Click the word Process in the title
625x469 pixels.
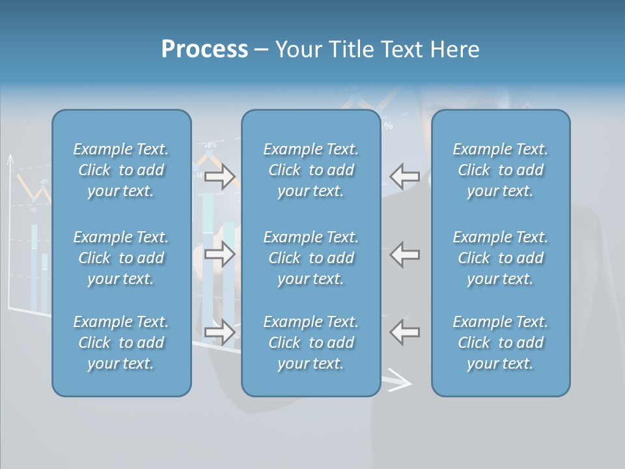click(x=204, y=50)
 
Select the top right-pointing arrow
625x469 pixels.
click(x=219, y=177)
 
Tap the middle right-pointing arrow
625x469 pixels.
click(x=219, y=255)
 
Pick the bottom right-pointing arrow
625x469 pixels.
click(x=219, y=332)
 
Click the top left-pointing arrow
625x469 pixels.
click(x=405, y=177)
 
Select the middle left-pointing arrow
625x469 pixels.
click(x=405, y=255)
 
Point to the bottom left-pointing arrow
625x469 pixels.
click(x=405, y=332)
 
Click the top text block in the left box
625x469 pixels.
click(x=121, y=170)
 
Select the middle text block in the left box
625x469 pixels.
click(x=121, y=258)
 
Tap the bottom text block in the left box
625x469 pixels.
click(x=121, y=343)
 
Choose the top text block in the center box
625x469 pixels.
click(x=311, y=170)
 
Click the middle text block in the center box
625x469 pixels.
click(x=311, y=258)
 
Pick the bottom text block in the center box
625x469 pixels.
click(x=311, y=343)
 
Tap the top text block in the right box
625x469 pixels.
click(x=501, y=170)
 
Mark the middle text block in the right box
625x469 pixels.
click(x=501, y=258)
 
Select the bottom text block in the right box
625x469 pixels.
click(x=501, y=343)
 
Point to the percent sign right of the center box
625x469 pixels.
click(x=388, y=126)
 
